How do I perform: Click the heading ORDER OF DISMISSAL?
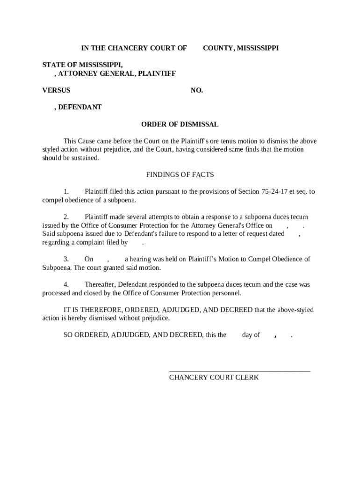click(x=180, y=124)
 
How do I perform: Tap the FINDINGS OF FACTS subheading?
click(x=180, y=174)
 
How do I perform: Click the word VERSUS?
click(x=56, y=90)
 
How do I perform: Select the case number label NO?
click(x=196, y=90)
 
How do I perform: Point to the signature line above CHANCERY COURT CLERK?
click(x=239, y=370)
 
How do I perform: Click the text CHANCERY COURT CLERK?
click(x=214, y=377)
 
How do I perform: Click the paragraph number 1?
click(x=66, y=191)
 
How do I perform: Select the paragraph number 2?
click(x=66, y=217)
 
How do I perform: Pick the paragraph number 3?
click(x=66, y=259)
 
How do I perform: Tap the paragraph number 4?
click(x=66, y=284)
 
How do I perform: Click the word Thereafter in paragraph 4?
click(x=99, y=284)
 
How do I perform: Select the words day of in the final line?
click(x=251, y=335)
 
